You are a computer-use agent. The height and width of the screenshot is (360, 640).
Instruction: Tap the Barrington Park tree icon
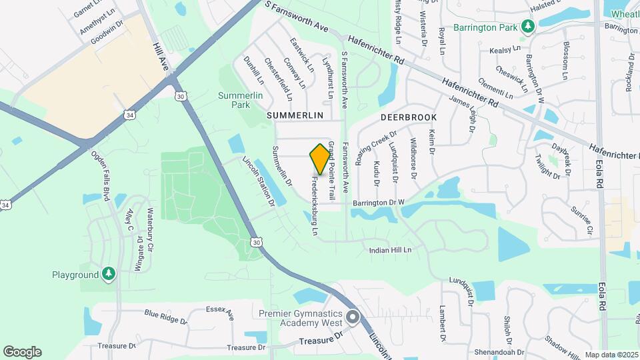tap(528, 26)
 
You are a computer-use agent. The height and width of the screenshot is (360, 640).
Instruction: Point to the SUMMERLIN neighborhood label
tap(295, 115)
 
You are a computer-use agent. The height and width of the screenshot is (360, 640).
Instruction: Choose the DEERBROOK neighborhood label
tap(409, 117)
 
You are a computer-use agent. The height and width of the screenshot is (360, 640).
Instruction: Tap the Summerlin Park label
tap(234, 100)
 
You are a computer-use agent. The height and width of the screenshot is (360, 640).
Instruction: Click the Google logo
tap(22, 352)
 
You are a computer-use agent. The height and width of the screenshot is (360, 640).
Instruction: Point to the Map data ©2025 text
tap(610, 355)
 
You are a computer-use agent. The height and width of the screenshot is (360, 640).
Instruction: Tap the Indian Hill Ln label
tap(391, 250)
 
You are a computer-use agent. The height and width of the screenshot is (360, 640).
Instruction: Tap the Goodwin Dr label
tap(107, 33)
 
